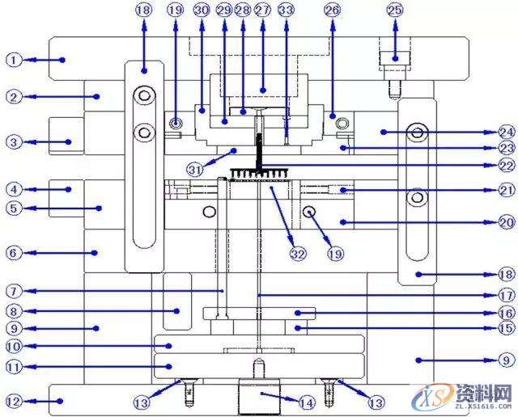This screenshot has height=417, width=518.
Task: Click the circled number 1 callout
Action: coord(13,59)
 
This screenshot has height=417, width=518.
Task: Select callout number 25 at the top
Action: coord(394,11)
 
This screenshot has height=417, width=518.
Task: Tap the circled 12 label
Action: coord(13,400)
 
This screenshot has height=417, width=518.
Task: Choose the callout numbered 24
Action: coord(506,132)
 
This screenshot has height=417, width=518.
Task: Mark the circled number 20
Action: coord(506,221)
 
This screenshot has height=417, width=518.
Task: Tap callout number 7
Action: coord(13,290)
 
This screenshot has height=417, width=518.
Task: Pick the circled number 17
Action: coord(506,295)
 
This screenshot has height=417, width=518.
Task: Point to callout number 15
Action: coord(506,328)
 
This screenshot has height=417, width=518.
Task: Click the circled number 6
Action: coord(13,252)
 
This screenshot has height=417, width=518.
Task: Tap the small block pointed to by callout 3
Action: coord(66,141)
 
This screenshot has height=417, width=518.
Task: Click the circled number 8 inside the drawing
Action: coord(13,310)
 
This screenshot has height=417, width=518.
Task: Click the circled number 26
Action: coord(331,11)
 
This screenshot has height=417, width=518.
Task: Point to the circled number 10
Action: coord(13,346)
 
